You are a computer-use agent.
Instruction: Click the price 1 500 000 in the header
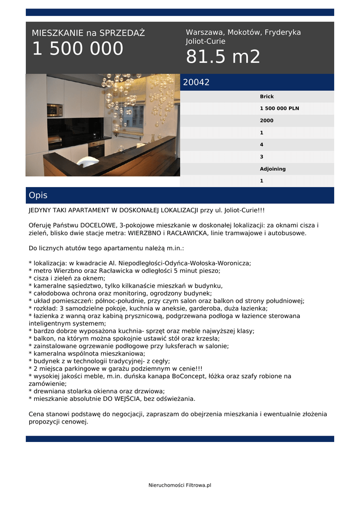(x=77, y=49)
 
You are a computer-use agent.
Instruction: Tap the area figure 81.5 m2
(x=223, y=57)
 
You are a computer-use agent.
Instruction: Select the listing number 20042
(x=196, y=82)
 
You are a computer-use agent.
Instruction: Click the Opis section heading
(x=38, y=195)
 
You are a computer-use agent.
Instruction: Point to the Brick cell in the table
(x=267, y=97)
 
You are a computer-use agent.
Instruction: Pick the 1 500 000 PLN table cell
(x=279, y=109)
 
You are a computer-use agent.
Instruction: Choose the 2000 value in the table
(x=267, y=121)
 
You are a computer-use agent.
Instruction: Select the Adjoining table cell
(x=273, y=169)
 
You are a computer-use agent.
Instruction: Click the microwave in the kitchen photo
(x=55, y=110)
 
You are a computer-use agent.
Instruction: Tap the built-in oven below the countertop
(x=96, y=148)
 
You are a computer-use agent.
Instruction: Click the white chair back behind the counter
(x=88, y=161)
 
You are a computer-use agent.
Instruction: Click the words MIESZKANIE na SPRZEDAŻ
(x=88, y=33)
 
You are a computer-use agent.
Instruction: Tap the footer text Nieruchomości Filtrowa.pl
(x=180, y=485)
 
